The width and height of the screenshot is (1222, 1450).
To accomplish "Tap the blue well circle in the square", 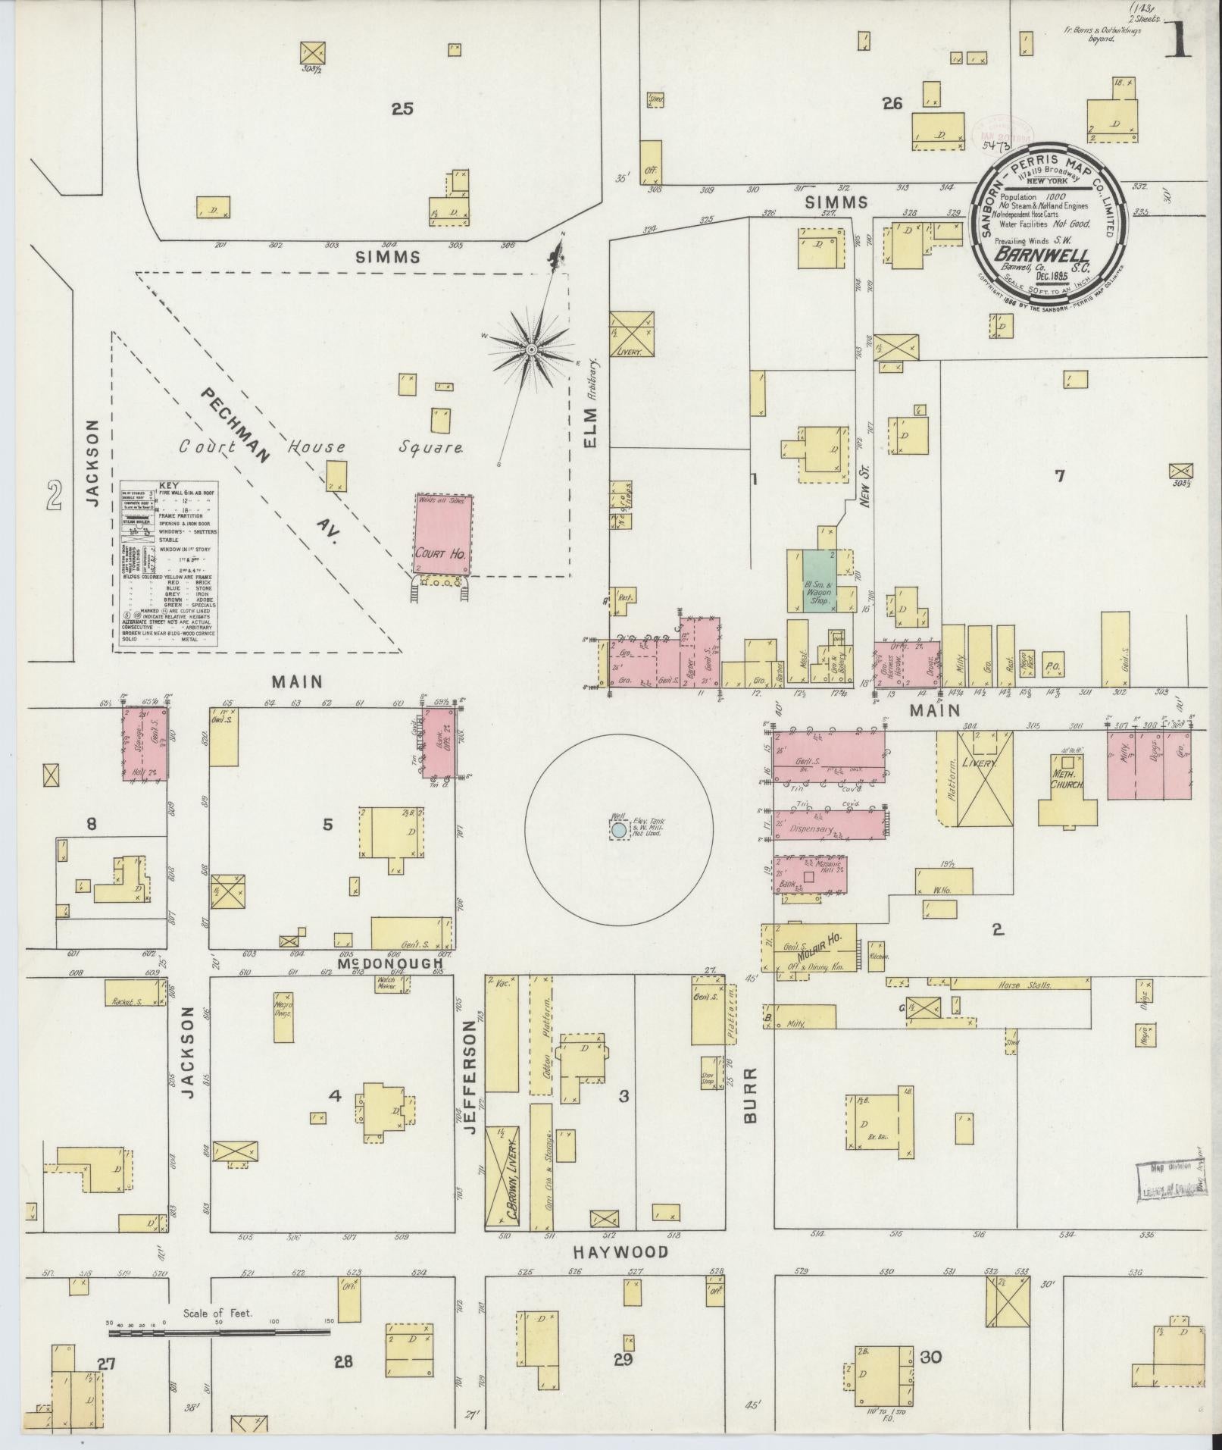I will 619,830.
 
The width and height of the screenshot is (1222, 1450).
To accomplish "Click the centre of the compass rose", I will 531,349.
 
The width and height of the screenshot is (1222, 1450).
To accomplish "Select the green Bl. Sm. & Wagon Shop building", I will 818,580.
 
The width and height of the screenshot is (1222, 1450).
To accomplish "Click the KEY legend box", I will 169,565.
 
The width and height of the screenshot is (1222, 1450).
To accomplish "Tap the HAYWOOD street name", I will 620,1251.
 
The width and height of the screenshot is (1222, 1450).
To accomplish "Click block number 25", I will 402,108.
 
